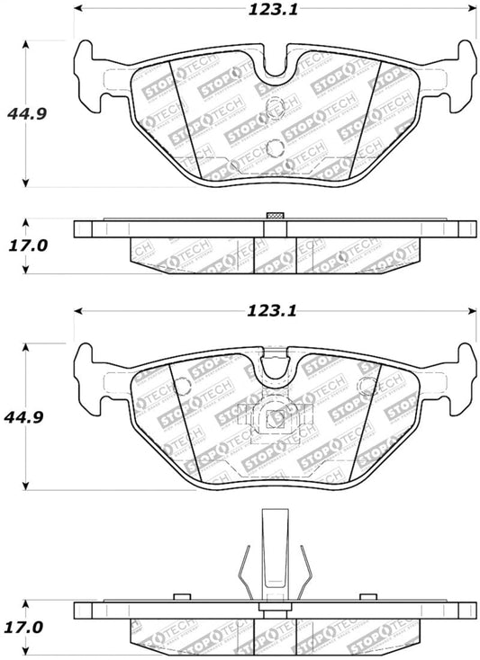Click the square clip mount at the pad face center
[x=276, y=415]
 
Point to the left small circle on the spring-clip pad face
[x=183, y=388]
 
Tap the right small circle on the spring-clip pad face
[x=367, y=388]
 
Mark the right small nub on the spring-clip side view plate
[x=367, y=596]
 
